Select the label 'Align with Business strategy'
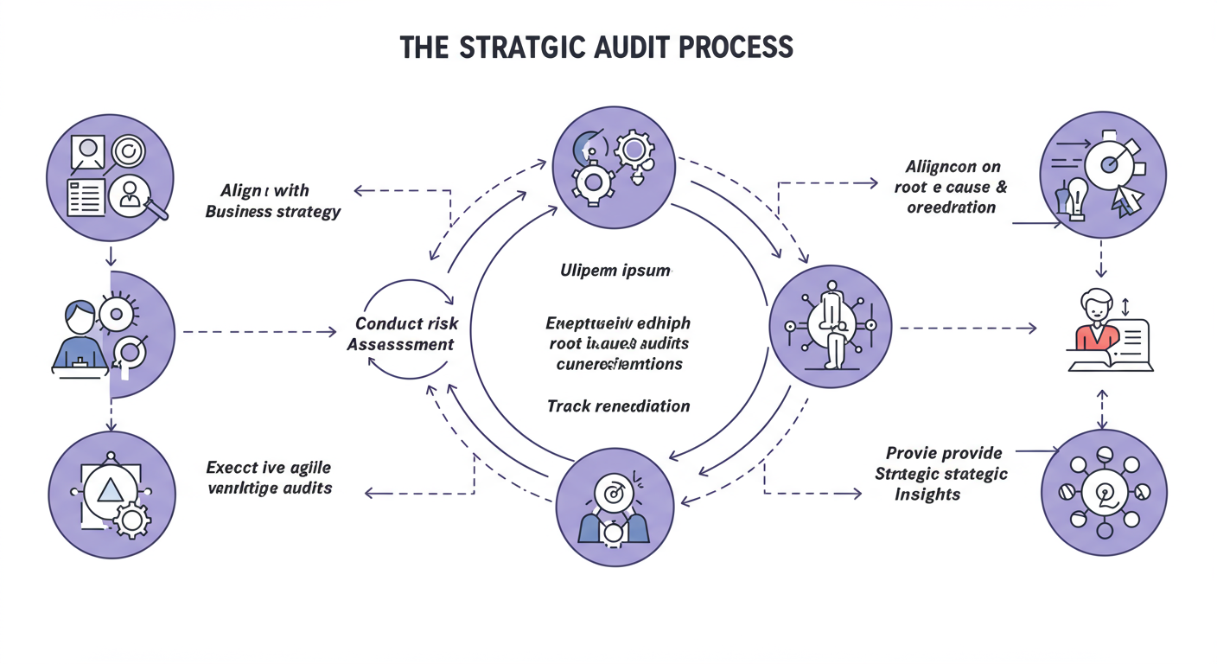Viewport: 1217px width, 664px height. pos(272,201)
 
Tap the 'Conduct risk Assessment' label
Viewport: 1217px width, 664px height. pos(405,334)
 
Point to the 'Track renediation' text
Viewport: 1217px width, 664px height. pos(618,405)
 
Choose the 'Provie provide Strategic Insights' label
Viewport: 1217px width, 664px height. pos(941,473)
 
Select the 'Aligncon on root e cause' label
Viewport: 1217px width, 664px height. pos(955,186)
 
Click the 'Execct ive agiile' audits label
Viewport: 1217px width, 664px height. pos(269,477)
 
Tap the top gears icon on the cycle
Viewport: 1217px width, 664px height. pos(612,168)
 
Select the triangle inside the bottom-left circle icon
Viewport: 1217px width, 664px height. pos(110,490)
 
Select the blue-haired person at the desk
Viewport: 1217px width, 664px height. pos(78,333)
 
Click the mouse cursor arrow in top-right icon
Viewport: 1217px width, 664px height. pos(1125,201)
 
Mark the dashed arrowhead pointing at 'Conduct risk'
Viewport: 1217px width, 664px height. pos(332,331)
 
